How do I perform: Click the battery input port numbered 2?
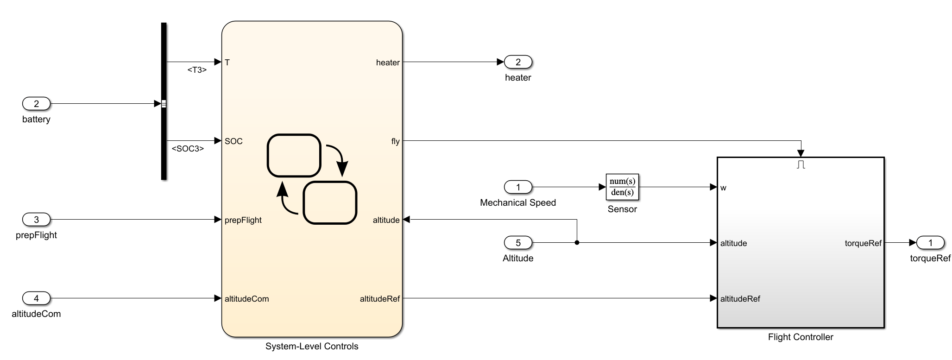point(36,104)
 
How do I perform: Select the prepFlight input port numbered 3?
point(36,220)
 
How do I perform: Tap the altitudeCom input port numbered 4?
point(36,298)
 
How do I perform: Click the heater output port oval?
point(518,62)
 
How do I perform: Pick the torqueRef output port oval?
point(930,243)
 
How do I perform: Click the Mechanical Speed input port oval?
point(518,187)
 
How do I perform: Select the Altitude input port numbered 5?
point(518,243)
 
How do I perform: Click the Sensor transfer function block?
point(622,187)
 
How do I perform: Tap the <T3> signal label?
point(197,70)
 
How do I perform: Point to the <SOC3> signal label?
point(188,149)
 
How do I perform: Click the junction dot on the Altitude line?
point(577,242)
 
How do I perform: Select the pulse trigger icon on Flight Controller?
point(801,164)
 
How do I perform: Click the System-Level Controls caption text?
point(312,346)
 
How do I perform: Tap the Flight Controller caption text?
point(801,337)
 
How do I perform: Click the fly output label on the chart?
point(395,141)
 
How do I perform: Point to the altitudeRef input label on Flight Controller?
point(740,299)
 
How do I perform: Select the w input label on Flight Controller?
point(723,188)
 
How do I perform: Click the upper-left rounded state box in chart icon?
point(294,155)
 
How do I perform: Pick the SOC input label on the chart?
point(233,141)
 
